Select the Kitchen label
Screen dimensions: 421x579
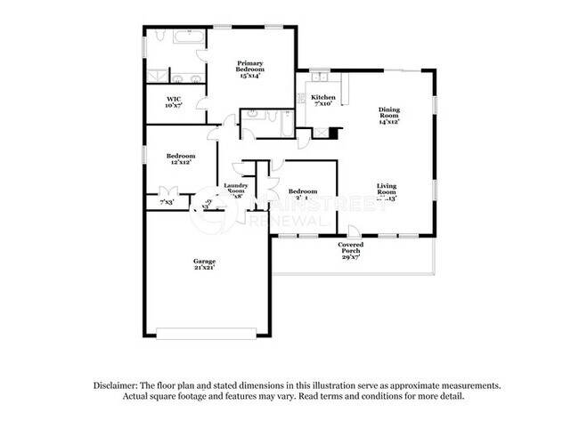pos(323,96)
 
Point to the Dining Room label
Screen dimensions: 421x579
pos(389,111)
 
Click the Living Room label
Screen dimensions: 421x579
pos(386,189)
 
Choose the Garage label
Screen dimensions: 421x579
pos(204,261)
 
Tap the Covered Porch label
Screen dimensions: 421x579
pos(350,247)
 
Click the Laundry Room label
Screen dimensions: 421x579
pos(235,188)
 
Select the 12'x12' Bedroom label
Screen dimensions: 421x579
pos(182,155)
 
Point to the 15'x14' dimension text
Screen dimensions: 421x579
pos(249,77)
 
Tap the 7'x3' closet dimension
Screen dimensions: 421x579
pos(167,203)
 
